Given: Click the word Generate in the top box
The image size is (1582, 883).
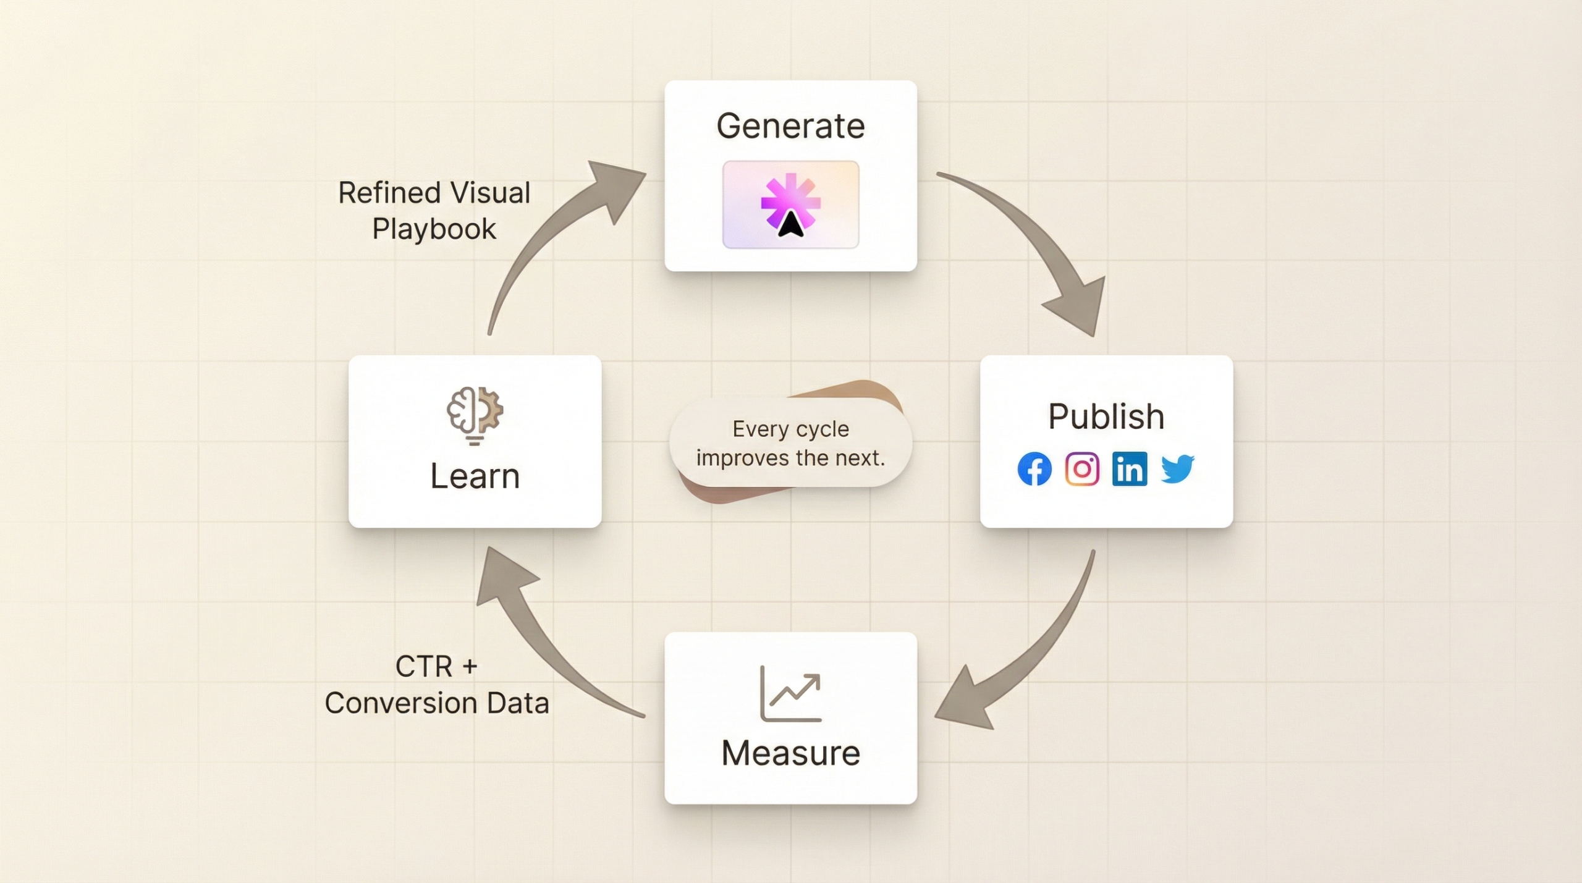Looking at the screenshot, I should coord(790,126).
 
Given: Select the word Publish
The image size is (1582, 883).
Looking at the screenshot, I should coord(1106,416).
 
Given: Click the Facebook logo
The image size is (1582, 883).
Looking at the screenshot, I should coord(1034,469).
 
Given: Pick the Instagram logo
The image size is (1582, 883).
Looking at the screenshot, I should coord(1082,469).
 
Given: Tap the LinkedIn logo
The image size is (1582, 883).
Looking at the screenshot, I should coord(1130,469).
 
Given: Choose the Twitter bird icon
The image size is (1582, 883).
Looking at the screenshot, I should coord(1177,469).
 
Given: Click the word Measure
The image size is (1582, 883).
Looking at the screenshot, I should coord(790,753).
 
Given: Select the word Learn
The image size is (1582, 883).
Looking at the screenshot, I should coord(475,476).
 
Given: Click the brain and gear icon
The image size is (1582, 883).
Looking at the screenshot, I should coord(475,414).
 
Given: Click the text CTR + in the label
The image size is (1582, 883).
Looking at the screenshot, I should coord(436,667).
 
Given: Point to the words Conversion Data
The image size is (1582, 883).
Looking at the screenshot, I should coord(437,703).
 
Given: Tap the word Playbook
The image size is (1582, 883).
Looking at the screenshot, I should coord(434,229).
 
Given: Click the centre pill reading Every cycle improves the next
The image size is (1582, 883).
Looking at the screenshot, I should coord(790,443).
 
